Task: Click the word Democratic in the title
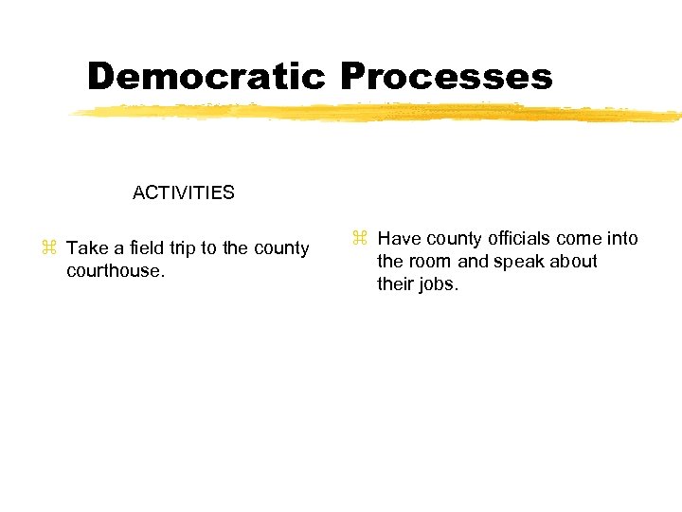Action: tap(207, 77)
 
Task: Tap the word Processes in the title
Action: tap(446, 77)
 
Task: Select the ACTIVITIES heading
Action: tap(184, 193)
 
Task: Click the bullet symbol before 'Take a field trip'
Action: tap(49, 248)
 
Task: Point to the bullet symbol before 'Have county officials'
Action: tap(360, 237)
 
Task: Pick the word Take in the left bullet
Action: tap(88, 248)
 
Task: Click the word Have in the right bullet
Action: tap(398, 239)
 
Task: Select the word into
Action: tap(623, 239)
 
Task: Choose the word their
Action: tap(395, 284)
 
